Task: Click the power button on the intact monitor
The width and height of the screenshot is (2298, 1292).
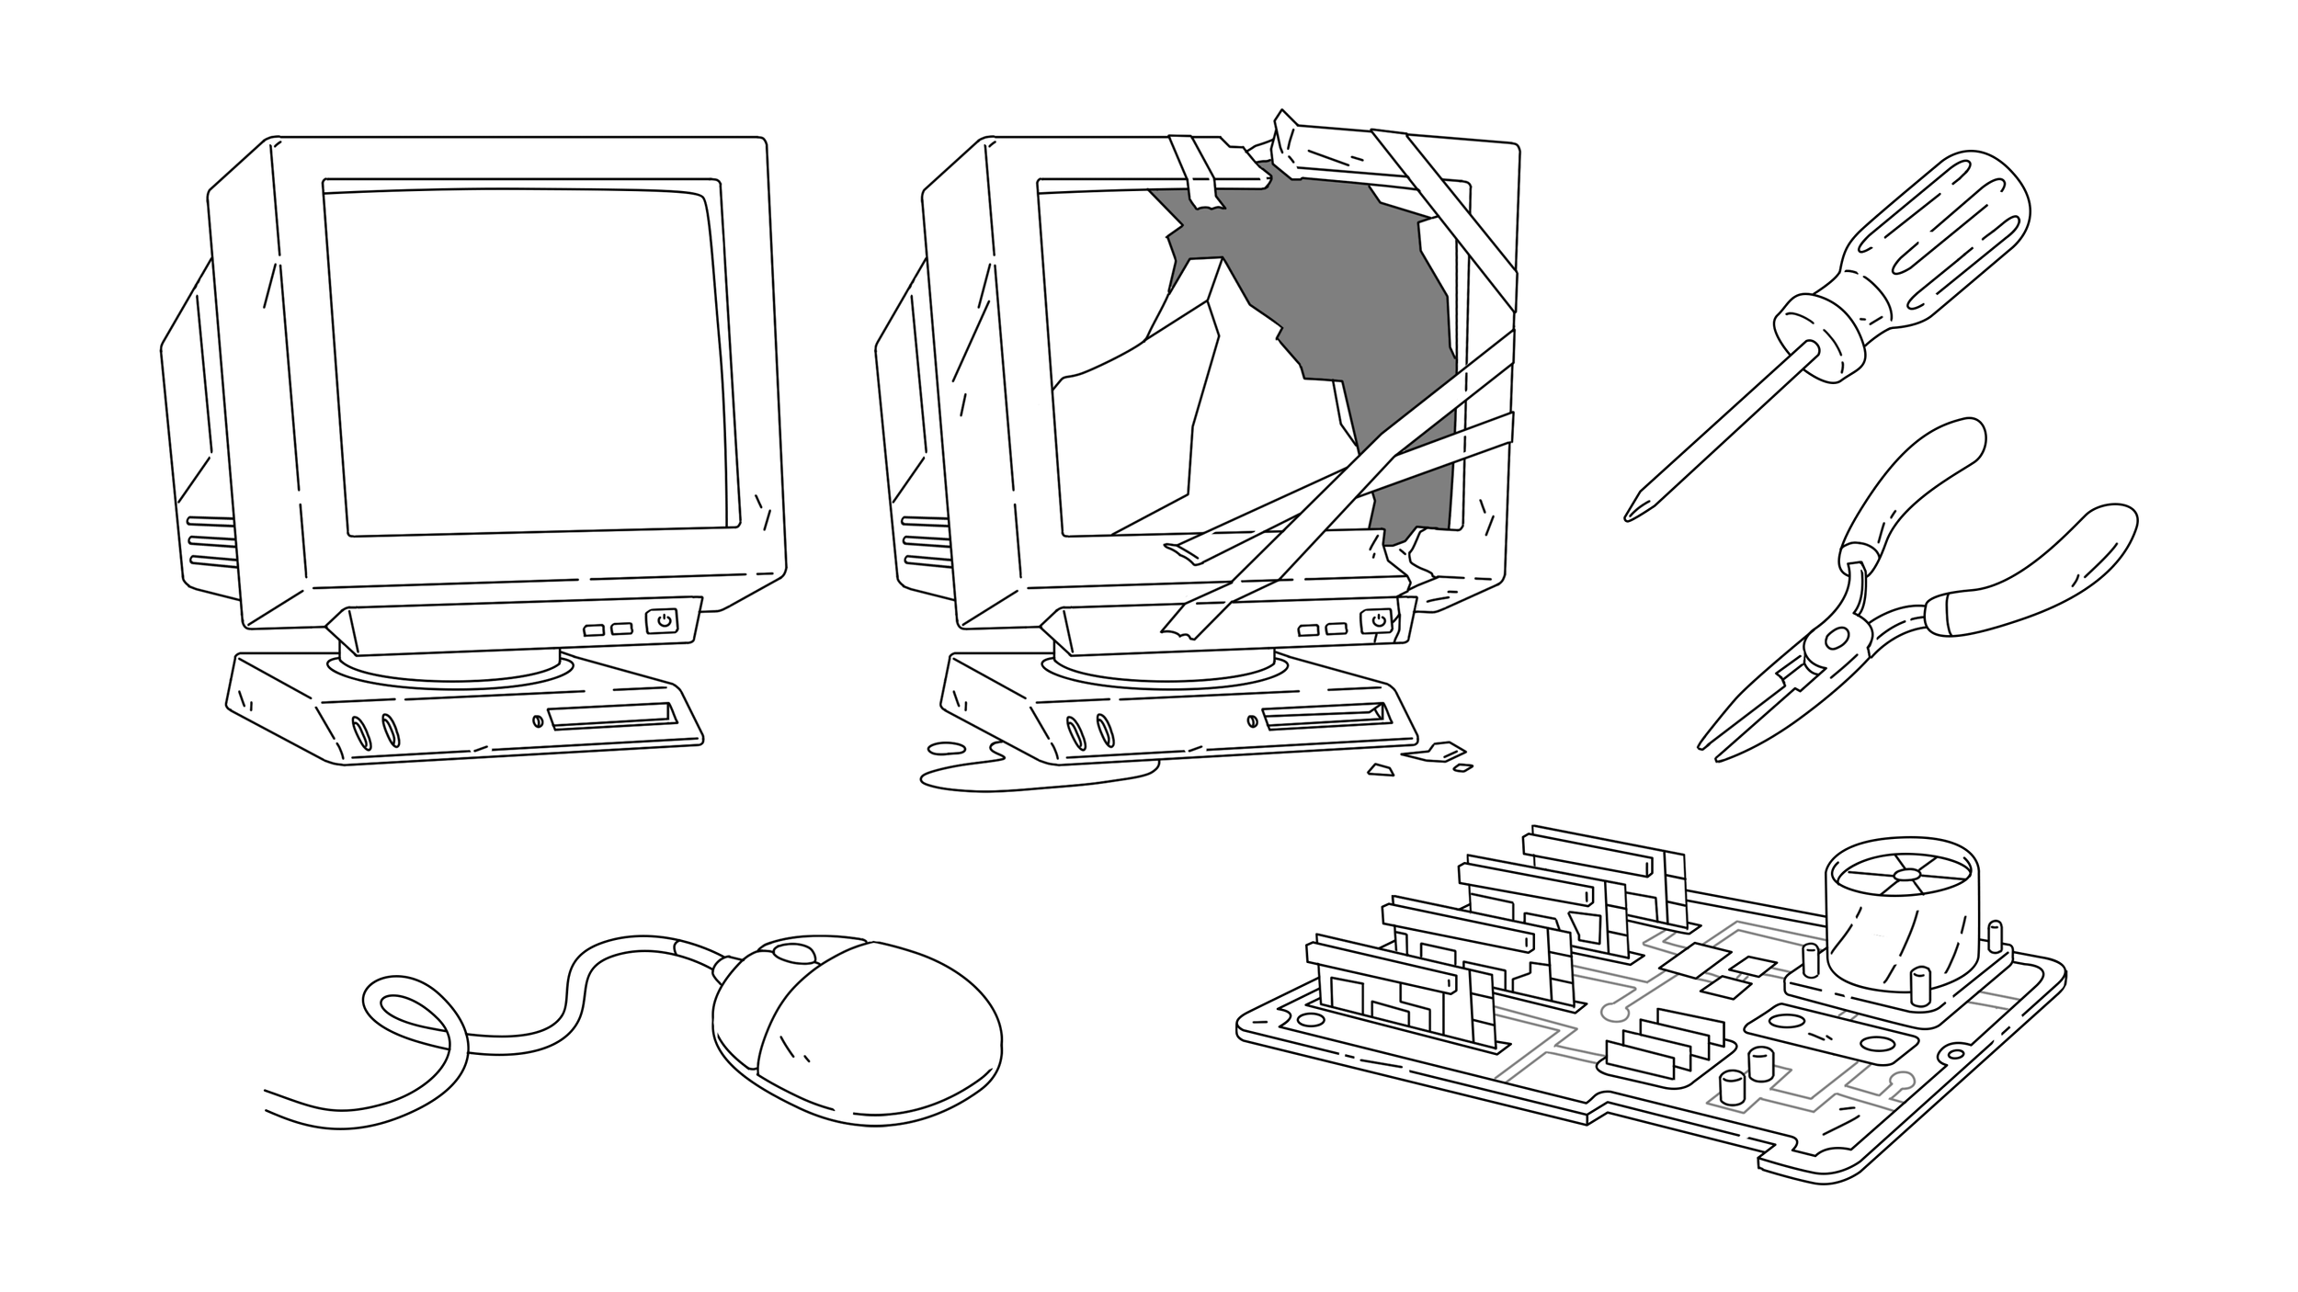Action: point(663,621)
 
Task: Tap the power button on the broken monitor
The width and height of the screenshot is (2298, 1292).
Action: point(1377,621)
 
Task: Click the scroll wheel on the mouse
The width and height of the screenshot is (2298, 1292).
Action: point(792,953)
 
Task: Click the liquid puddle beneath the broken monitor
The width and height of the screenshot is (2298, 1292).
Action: point(1030,776)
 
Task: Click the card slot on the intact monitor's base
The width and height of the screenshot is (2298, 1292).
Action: point(611,717)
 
